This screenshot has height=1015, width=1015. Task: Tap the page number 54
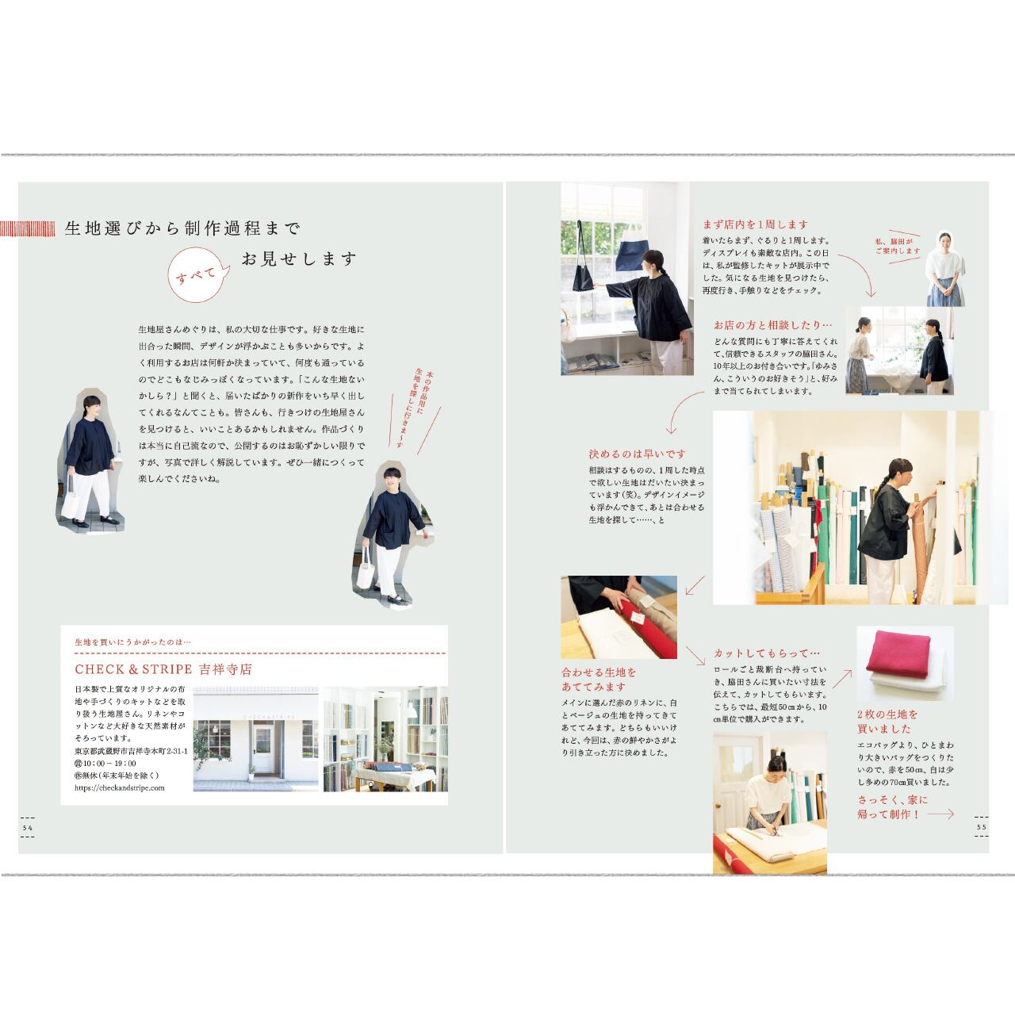coord(28,827)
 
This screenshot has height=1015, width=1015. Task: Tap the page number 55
coord(981,827)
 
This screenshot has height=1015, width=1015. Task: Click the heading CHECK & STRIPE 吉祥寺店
coord(163,668)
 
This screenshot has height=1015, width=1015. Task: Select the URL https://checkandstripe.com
coord(119,787)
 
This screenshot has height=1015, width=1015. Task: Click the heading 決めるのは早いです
coord(637,454)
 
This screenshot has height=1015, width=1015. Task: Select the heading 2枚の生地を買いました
coord(887,721)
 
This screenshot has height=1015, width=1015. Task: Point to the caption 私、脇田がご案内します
coord(898,245)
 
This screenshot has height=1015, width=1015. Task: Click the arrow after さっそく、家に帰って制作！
coord(940,814)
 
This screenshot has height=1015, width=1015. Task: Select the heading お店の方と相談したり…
coord(762,325)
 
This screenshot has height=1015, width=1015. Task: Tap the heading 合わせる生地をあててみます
coord(599,679)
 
